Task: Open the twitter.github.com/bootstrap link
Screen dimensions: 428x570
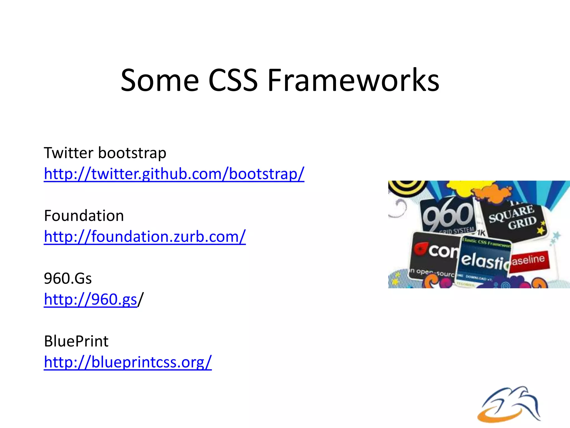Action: tap(174, 174)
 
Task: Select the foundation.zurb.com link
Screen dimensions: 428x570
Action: tap(145, 236)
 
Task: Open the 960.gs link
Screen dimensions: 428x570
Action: tap(90, 299)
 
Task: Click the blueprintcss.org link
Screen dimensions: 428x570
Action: tap(128, 362)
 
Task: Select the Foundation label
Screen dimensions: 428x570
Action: tap(84, 216)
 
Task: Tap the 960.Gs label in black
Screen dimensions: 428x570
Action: tap(68, 278)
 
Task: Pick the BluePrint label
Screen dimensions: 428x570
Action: tap(76, 341)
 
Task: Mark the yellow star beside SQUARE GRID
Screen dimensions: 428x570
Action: tap(541, 230)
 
